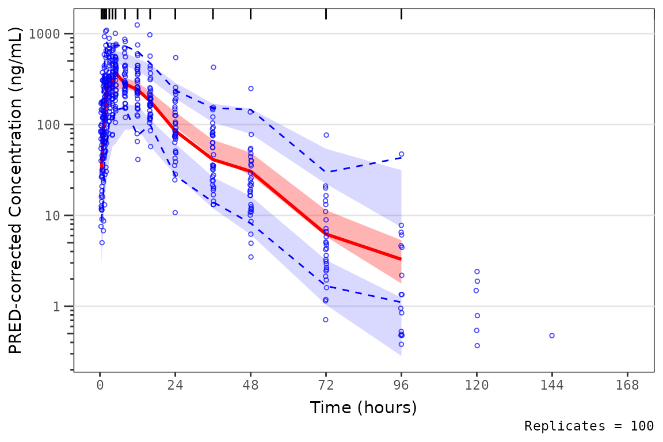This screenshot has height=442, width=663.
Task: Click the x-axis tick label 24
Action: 176,386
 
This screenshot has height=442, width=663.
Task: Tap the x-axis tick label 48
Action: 251,386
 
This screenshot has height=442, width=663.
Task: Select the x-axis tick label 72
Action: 326,386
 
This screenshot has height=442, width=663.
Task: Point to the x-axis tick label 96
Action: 401,386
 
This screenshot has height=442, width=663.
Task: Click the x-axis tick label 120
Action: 477,386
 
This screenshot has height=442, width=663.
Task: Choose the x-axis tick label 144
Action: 552,386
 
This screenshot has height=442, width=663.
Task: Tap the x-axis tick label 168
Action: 627,386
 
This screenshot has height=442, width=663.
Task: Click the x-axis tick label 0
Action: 100,386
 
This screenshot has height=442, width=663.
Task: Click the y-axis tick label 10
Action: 59,216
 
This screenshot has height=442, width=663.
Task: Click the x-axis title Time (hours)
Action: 363,408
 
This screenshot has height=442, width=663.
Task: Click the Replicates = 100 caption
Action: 589,426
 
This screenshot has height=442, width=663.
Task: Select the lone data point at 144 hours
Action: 552,336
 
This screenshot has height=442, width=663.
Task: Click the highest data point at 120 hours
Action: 477,271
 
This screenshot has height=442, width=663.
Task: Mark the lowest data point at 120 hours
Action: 477,346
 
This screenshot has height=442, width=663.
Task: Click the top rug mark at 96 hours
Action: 401,14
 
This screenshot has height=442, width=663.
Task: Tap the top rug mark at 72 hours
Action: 326,14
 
